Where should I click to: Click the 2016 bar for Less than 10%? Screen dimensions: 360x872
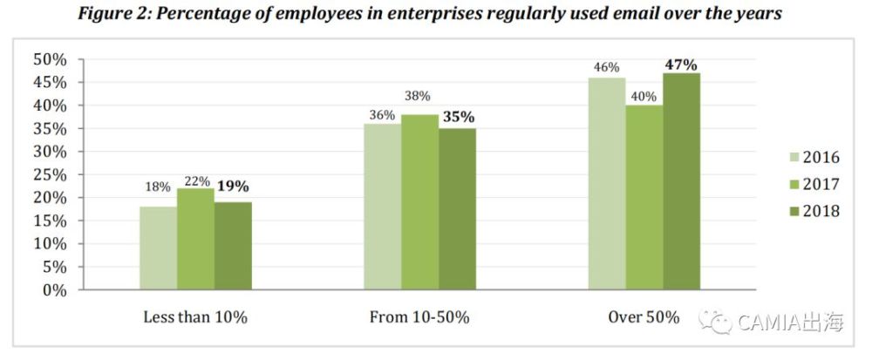point(158,248)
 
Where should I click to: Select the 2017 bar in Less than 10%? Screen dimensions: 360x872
point(195,239)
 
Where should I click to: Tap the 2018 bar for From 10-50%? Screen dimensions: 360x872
point(457,209)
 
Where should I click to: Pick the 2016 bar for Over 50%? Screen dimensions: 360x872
point(606,184)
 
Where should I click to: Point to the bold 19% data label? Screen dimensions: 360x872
point(235,186)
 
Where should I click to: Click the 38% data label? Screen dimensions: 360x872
point(419,97)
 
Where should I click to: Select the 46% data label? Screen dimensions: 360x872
point(606,67)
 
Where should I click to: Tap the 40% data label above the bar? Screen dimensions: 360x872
point(644,97)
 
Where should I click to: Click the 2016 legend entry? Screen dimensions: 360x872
point(810,159)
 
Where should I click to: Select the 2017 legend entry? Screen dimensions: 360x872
point(810,185)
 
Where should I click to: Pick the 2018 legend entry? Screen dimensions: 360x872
point(810,211)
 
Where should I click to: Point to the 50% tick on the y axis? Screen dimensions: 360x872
point(51,59)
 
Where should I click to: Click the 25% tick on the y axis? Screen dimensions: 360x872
point(51,174)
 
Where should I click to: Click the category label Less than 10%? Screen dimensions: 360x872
point(195,317)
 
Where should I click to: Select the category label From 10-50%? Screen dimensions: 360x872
point(419,317)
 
